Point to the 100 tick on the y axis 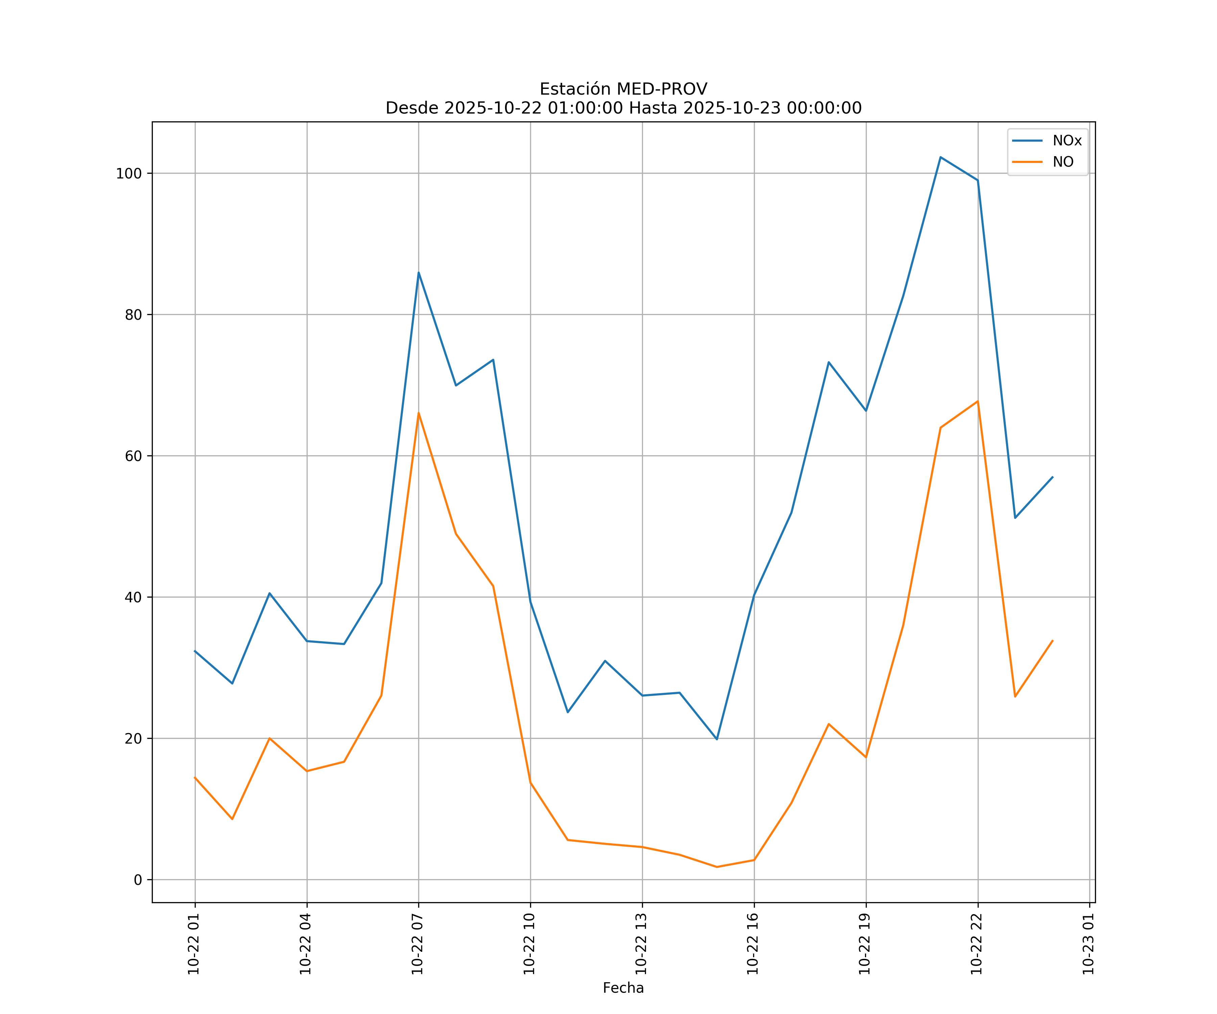tap(129, 173)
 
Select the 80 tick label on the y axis tap(133, 315)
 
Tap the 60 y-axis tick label tap(133, 456)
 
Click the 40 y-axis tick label tap(133, 597)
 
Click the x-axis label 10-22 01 tap(194, 944)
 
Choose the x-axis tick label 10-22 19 tap(865, 944)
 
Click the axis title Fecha tap(623, 988)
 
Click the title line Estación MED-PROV tap(623, 89)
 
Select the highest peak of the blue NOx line tap(940, 157)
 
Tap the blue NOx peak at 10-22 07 tap(419, 272)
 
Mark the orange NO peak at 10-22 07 tap(419, 413)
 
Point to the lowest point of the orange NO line tap(717, 867)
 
